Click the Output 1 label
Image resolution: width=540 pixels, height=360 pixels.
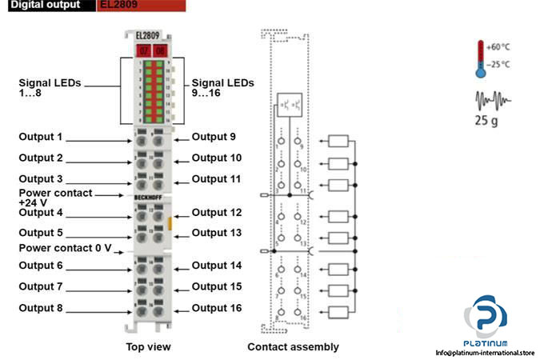coord(40,137)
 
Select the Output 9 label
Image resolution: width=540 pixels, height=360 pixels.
coord(214,137)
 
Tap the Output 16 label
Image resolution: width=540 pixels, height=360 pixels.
coord(217,307)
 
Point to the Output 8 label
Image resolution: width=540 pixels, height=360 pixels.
coord(40,307)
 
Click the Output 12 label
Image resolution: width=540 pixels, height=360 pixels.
coord(217,213)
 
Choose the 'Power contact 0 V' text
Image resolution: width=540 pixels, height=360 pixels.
coord(66,248)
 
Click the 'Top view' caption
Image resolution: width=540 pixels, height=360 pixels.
coord(148,346)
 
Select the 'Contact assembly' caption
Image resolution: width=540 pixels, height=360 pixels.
coord(293,346)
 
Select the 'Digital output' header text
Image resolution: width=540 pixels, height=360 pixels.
coord(46,5)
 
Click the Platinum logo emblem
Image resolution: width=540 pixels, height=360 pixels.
coord(488,316)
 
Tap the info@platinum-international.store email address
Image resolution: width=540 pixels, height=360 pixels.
coord(485,353)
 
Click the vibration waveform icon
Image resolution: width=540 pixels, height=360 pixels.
coord(490,102)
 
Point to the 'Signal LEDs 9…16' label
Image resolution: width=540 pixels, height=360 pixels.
coord(222,89)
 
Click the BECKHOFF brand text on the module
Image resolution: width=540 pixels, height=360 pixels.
coord(148,196)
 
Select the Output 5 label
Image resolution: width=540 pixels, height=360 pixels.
coord(40,233)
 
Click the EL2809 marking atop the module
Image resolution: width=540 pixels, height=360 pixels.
coord(147,36)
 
